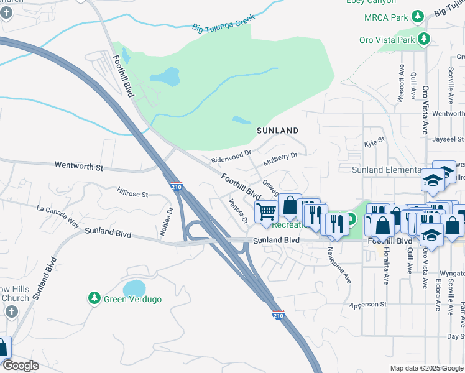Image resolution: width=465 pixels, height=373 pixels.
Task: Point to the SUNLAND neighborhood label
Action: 278,131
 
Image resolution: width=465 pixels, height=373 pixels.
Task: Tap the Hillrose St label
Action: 132,193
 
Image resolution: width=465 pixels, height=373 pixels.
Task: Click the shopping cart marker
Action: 266,211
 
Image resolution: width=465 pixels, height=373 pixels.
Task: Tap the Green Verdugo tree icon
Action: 94,298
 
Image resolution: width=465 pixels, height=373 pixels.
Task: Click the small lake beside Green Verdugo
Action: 134,288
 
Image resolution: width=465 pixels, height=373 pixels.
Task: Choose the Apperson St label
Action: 367,305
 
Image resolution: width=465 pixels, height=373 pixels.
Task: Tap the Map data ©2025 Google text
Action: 426,367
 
